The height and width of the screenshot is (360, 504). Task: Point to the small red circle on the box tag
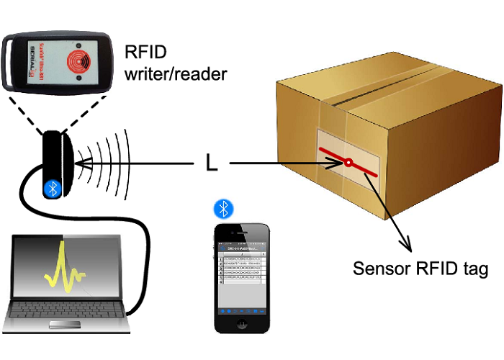click(x=348, y=164)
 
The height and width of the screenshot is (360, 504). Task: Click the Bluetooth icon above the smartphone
click(x=225, y=210)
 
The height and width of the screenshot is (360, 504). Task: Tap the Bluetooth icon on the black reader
click(x=52, y=188)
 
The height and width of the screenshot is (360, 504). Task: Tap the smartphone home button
click(x=243, y=322)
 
